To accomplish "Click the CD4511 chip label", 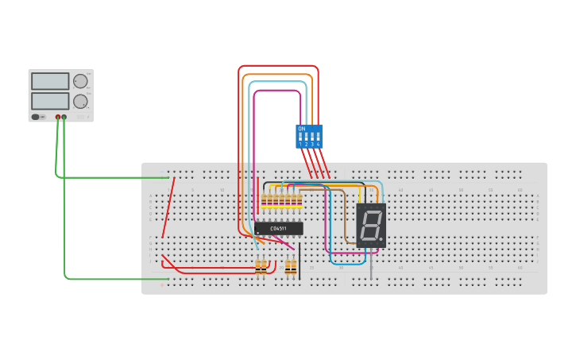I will click(x=279, y=229).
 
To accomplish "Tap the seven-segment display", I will click(x=370, y=225).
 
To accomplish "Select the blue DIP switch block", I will click(x=309, y=136).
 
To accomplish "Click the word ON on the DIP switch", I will click(x=301, y=128).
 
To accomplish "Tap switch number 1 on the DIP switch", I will click(x=300, y=138).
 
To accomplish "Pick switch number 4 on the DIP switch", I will click(x=318, y=138).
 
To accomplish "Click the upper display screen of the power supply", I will click(x=50, y=81).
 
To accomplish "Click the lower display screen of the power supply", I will click(x=50, y=101).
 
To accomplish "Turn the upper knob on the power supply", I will click(x=80, y=81).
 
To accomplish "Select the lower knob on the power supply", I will click(x=80, y=102).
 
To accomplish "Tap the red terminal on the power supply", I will click(x=58, y=117).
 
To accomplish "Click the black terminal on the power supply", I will click(x=64, y=117).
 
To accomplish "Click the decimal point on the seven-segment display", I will click(x=381, y=239).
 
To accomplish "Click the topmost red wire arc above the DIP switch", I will click(x=278, y=66).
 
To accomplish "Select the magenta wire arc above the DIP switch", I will click(x=277, y=90).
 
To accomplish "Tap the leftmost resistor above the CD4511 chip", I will click(x=264, y=203).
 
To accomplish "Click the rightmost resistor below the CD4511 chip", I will click(x=291, y=267).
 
